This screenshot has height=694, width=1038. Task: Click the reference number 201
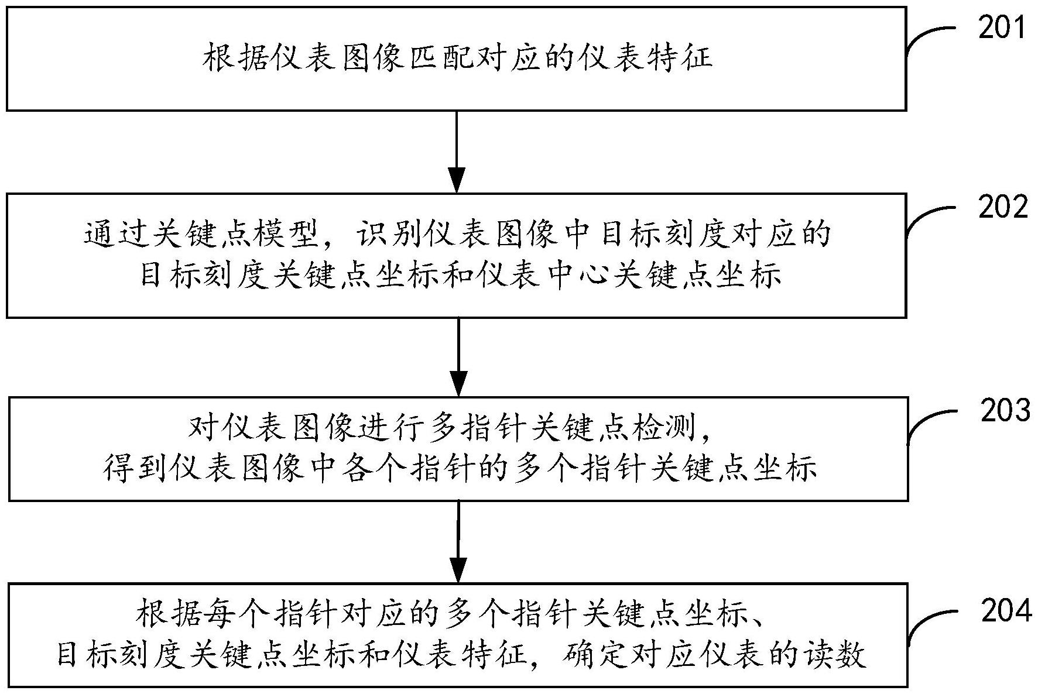(x=1002, y=28)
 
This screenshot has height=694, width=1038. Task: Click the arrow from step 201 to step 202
(x=456, y=152)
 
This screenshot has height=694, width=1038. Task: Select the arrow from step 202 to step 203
(x=458, y=357)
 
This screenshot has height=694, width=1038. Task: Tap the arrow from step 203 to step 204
(x=458, y=541)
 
